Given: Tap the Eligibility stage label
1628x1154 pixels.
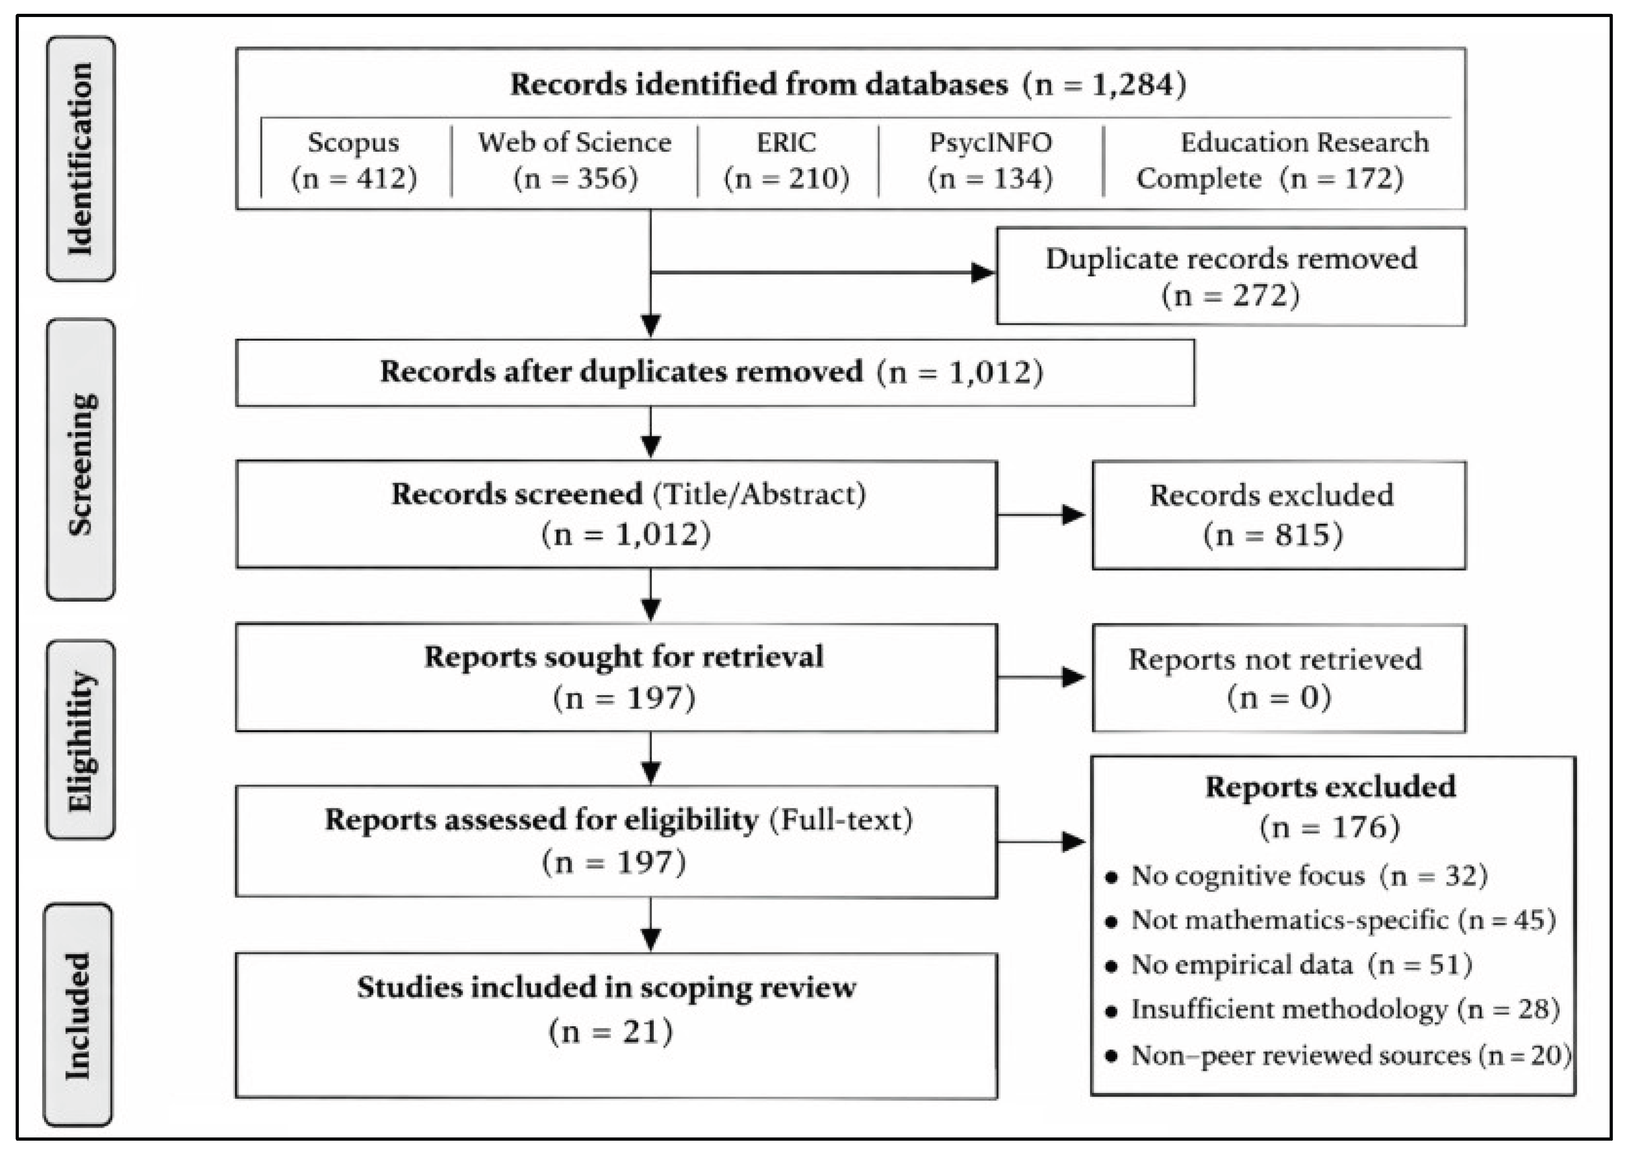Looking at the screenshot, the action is [x=80, y=740].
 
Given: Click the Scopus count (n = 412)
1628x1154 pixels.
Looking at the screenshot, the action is [x=354, y=177].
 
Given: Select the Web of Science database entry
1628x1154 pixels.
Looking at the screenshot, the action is [x=575, y=160].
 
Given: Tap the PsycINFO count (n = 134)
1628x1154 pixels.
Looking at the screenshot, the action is [x=990, y=177].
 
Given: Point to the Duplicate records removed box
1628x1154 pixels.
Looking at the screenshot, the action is [x=1231, y=276].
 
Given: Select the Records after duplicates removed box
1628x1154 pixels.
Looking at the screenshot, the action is [x=715, y=372].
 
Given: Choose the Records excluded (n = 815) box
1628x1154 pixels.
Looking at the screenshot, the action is [x=1279, y=515].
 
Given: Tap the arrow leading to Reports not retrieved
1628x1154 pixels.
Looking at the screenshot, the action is [x=1042, y=677].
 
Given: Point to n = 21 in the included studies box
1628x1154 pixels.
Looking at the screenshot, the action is [x=611, y=1031].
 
